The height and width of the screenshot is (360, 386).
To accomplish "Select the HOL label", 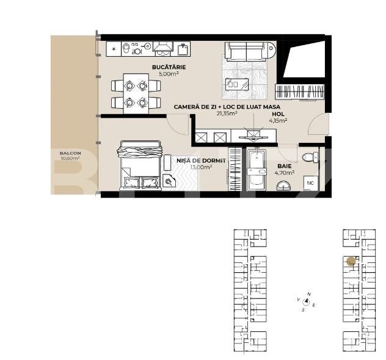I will (x=279, y=113).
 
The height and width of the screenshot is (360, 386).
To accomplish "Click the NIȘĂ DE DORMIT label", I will (x=192, y=160).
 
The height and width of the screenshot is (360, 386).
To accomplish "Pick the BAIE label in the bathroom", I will (x=284, y=165).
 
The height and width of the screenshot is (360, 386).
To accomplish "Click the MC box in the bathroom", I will (x=310, y=182).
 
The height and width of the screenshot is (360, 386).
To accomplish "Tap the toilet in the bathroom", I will (x=309, y=157).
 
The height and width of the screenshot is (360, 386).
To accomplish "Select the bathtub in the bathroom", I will (x=255, y=171).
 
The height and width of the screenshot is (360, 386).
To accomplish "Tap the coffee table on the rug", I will (x=236, y=84).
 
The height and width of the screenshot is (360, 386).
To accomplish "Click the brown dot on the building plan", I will (x=351, y=261).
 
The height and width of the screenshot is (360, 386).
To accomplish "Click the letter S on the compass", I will (x=303, y=310).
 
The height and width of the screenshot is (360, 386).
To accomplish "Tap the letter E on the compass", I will (x=314, y=305).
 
